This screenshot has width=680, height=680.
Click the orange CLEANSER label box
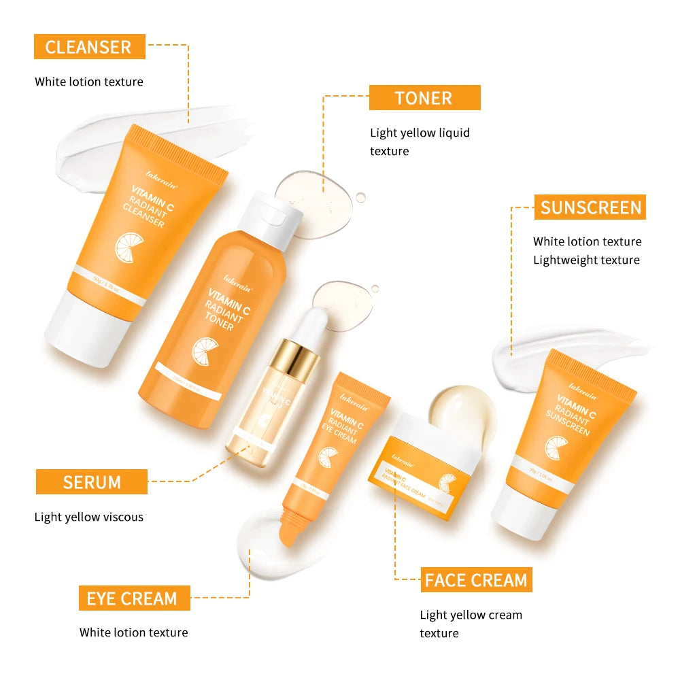88,47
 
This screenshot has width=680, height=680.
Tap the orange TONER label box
424,98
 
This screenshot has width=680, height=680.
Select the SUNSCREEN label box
590,207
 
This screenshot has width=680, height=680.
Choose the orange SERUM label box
91,482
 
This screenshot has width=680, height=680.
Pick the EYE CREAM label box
133,598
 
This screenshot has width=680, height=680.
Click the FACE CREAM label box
476,580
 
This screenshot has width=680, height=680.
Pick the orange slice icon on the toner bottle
203,349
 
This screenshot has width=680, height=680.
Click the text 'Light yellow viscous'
89,517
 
